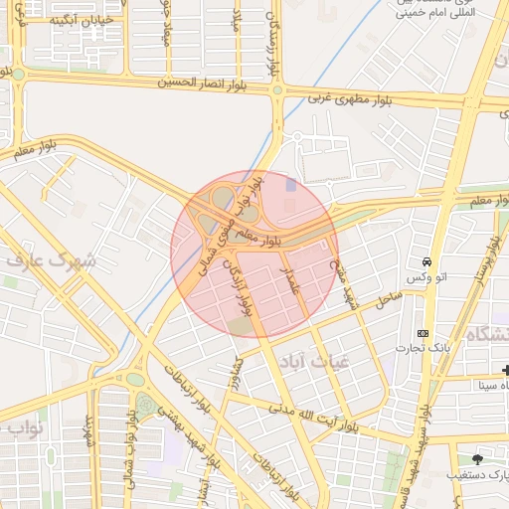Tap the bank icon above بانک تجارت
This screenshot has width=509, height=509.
coord(424,333)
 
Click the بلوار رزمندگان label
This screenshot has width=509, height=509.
coord(273,40)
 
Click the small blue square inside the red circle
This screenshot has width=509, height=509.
coord(290,184)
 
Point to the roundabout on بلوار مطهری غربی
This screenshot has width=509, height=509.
coord(277,90)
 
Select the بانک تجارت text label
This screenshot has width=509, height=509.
coord(460,349)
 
